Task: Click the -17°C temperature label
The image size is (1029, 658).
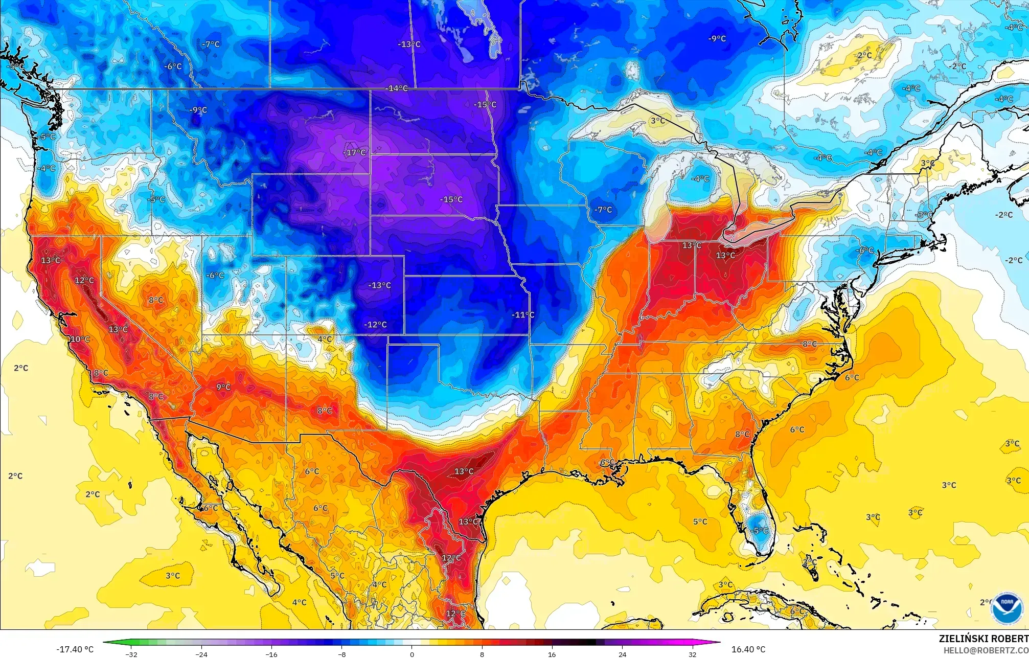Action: point(354,152)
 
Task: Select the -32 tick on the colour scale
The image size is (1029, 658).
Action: point(132,654)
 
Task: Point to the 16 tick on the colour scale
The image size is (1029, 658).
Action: point(552,654)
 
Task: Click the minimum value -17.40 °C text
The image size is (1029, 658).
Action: point(75,649)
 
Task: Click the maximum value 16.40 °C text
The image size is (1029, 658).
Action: point(748,649)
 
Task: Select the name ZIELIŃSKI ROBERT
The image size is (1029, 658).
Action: point(983,639)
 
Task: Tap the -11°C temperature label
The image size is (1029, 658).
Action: point(522,314)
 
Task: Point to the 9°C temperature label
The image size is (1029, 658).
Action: point(223,387)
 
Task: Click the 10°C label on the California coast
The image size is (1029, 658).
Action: point(80,339)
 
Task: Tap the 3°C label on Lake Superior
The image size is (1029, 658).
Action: point(657,121)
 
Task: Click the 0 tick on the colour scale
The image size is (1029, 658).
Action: point(412,654)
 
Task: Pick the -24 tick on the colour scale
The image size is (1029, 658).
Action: point(201,654)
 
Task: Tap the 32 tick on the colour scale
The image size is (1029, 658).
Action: point(692,654)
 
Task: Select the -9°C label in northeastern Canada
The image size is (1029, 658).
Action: point(717,38)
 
